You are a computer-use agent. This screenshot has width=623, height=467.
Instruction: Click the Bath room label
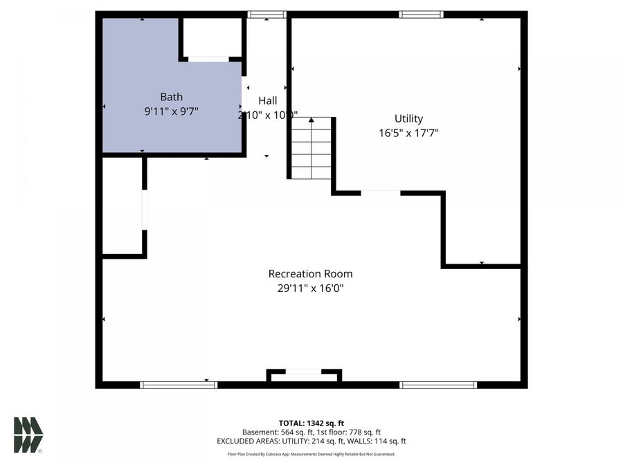(x=171, y=97)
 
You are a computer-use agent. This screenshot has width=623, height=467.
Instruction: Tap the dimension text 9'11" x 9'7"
(x=171, y=111)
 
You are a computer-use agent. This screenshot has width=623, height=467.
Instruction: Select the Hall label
(x=268, y=101)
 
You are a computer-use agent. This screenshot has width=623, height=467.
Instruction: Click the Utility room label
(x=408, y=119)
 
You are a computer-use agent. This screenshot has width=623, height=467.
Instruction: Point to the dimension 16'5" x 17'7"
(x=408, y=134)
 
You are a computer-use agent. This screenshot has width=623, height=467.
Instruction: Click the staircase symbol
(x=311, y=150)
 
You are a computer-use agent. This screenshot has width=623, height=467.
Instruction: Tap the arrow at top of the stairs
(x=311, y=121)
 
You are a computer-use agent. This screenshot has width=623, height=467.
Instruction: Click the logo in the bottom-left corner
(x=28, y=434)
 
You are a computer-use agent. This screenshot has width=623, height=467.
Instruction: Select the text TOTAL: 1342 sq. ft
(x=311, y=422)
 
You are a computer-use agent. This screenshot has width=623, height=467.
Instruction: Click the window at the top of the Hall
(x=267, y=15)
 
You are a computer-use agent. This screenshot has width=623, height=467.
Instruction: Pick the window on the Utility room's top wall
(x=420, y=15)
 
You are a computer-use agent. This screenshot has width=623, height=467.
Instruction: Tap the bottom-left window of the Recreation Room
(x=179, y=385)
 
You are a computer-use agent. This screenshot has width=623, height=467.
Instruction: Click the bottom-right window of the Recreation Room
(x=438, y=385)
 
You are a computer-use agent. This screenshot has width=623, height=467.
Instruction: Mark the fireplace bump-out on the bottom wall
(x=304, y=374)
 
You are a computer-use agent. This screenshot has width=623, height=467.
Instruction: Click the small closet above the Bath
(x=210, y=37)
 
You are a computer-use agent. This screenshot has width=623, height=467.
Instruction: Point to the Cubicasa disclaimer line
(x=311, y=455)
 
